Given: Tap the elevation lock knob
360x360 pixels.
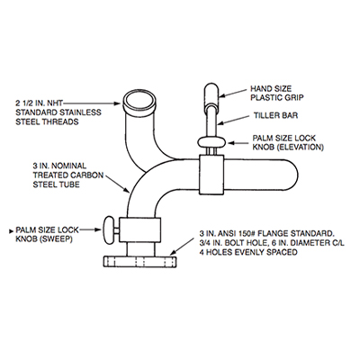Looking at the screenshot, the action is tap(211, 141).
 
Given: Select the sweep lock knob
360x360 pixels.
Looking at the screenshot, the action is tap(109, 229).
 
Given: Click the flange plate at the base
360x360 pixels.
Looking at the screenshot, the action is tap(139, 262).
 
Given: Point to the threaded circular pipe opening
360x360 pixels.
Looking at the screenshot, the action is tap(139, 103).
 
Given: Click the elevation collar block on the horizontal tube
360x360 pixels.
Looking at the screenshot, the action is tap(211, 175).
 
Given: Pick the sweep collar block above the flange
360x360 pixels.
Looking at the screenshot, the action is tap(139, 229).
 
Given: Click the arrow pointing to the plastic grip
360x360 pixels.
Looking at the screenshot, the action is tap(234, 93).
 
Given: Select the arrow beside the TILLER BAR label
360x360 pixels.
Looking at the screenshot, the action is tap(234, 119).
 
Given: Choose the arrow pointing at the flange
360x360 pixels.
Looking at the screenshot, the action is tap(183, 247).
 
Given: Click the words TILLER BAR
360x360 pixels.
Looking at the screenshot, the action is tap(276, 115).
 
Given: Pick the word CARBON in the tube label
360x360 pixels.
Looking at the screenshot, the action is tap(87, 175).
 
